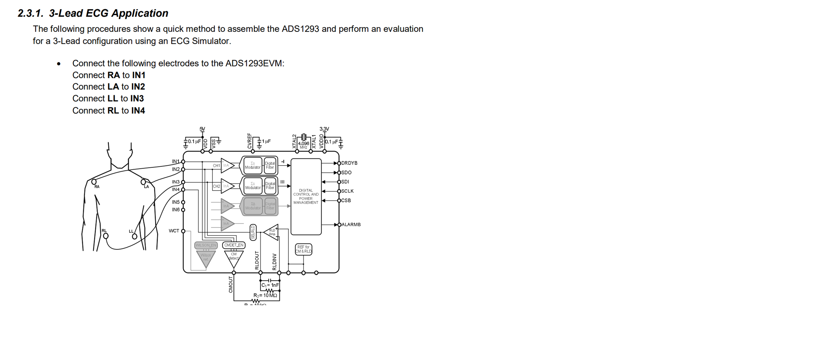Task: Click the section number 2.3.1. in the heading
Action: [31, 13]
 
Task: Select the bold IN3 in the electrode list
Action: [137, 99]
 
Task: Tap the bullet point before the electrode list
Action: [59, 64]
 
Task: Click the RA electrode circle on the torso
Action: [94, 182]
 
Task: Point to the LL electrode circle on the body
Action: [134, 236]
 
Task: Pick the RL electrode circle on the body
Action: [106, 236]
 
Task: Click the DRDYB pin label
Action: [349, 163]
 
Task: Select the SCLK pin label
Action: [347, 191]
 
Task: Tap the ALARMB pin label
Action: [351, 224]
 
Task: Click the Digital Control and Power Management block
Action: [306, 197]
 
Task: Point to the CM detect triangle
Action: [234, 259]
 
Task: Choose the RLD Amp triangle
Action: [272, 232]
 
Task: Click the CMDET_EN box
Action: [234, 245]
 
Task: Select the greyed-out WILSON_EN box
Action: [206, 245]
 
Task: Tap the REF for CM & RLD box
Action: [304, 249]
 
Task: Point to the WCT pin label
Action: [174, 231]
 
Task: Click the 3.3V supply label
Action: [324, 129]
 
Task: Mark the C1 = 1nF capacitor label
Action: [270, 285]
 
